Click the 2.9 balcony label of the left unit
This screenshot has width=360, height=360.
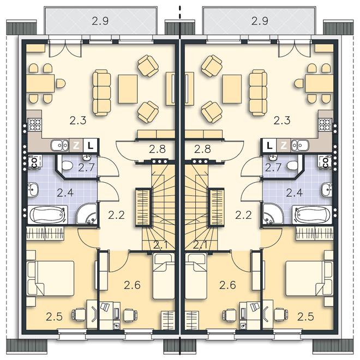click(100, 21)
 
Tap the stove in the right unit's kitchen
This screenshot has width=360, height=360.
click(325, 125)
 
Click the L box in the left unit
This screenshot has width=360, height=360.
click(91, 145)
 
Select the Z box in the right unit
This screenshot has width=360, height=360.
click(284, 145)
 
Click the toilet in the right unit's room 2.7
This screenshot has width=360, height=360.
click(292, 165)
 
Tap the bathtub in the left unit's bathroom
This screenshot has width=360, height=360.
click(47, 214)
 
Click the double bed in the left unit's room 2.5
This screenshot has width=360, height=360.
click(51, 278)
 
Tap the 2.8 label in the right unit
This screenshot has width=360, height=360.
click(202, 149)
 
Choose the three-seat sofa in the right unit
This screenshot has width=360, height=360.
click(258, 93)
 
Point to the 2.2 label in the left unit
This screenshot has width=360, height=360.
click(116, 215)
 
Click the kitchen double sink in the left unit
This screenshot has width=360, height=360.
click(59, 145)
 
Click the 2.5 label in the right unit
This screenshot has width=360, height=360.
click(305, 317)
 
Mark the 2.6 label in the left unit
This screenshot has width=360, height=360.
click(132, 285)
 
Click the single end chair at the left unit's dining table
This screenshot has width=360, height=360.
click(61, 83)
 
